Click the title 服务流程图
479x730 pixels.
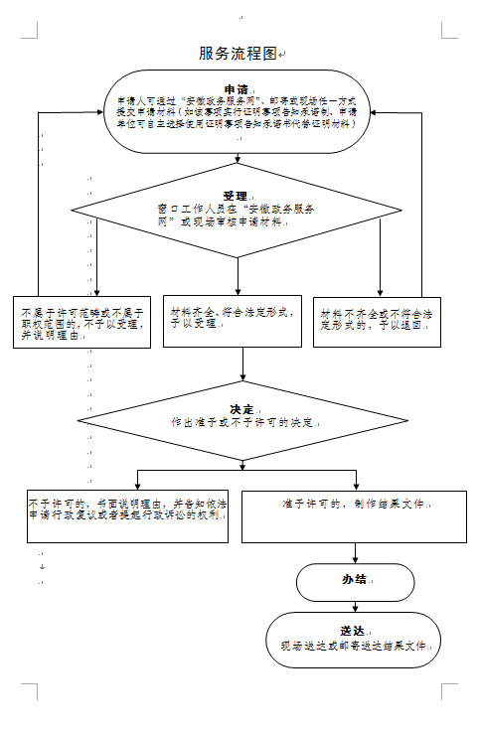tap(239, 53)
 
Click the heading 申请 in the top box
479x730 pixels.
tap(237, 88)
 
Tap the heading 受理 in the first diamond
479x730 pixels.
tap(236, 196)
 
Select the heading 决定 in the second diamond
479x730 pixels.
tap(241, 408)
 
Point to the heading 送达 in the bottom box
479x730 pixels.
tap(353, 630)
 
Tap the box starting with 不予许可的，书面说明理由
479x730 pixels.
tap(127, 513)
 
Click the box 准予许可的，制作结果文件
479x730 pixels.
tap(354, 513)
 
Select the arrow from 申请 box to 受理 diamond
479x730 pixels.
tap(239, 170)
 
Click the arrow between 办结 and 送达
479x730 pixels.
tap(355, 607)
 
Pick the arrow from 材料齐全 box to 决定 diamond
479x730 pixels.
tap(243, 364)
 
